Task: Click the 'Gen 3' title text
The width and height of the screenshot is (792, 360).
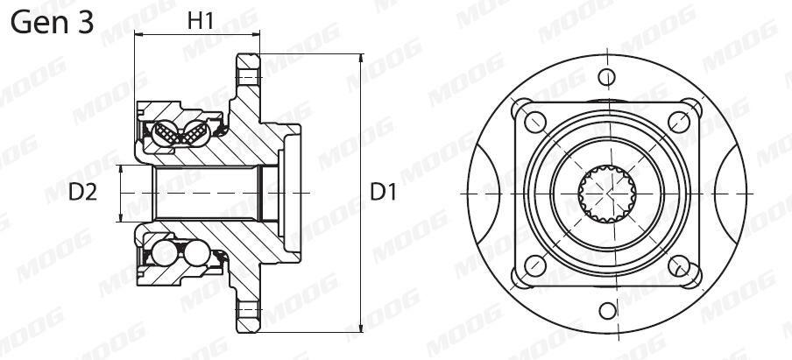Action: click(52, 24)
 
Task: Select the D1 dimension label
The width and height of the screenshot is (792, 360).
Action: click(384, 193)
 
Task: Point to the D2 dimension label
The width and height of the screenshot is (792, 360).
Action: click(83, 193)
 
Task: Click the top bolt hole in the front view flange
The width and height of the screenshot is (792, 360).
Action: click(606, 77)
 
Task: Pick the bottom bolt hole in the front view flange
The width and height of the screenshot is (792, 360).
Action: click(607, 311)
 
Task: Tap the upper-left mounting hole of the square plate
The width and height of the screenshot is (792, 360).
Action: click(535, 122)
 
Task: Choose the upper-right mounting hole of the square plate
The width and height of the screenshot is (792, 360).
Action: click(679, 122)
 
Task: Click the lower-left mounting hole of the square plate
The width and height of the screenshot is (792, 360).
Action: click(535, 265)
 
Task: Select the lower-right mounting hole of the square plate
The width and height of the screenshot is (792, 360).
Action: click(679, 265)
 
